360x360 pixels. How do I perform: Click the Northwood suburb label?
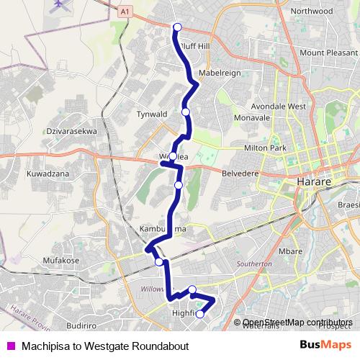pyautogui.click(x=312, y=12)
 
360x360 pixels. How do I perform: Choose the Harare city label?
pyautogui.click(x=312, y=183)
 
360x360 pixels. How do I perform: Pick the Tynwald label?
pyautogui.click(x=151, y=114)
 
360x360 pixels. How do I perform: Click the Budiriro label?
pyautogui.click(x=80, y=305)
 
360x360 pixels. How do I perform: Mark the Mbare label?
pyautogui.click(x=290, y=251)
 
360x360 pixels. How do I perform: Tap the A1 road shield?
pyautogui.click(x=125, y=12)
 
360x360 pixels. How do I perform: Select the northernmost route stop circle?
pyautogui.click(x=177, y=28)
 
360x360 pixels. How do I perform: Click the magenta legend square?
pyautogui.click(x=9, y=346)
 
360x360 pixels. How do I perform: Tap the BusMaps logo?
pyautogui.click(x=325, y=345)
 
